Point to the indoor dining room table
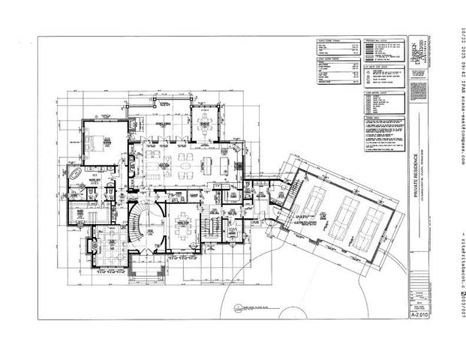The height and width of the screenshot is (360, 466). pos(182,229)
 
